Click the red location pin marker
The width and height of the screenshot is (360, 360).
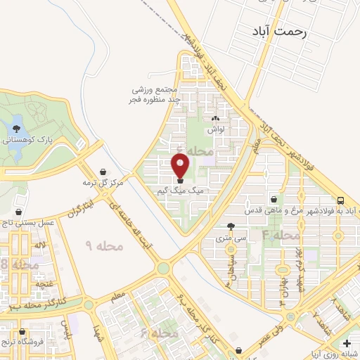pos(181,166)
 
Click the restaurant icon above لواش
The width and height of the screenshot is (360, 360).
pos(215,120)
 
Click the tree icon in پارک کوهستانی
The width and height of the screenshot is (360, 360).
pos(18,128)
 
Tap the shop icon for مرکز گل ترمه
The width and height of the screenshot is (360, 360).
pos(104,172)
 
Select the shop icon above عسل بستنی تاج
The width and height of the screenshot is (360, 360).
pos(18,212)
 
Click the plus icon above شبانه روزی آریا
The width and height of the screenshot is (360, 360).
pos(345,343)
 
